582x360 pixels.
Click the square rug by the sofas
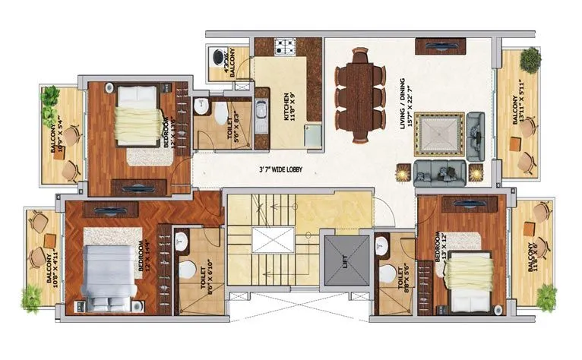pyautogui.click(x=438, y=135)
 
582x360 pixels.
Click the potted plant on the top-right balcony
pyautogui.click(x=530, y=58)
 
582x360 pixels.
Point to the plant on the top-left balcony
pyautogui.click(x=50, y=96)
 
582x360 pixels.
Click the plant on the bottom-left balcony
pyautogui.click(x=31, y=298)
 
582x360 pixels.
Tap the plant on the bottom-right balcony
pyautogui.click(x=546, y=297)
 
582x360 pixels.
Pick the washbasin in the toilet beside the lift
pyautogui.click(x=382, y=245)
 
